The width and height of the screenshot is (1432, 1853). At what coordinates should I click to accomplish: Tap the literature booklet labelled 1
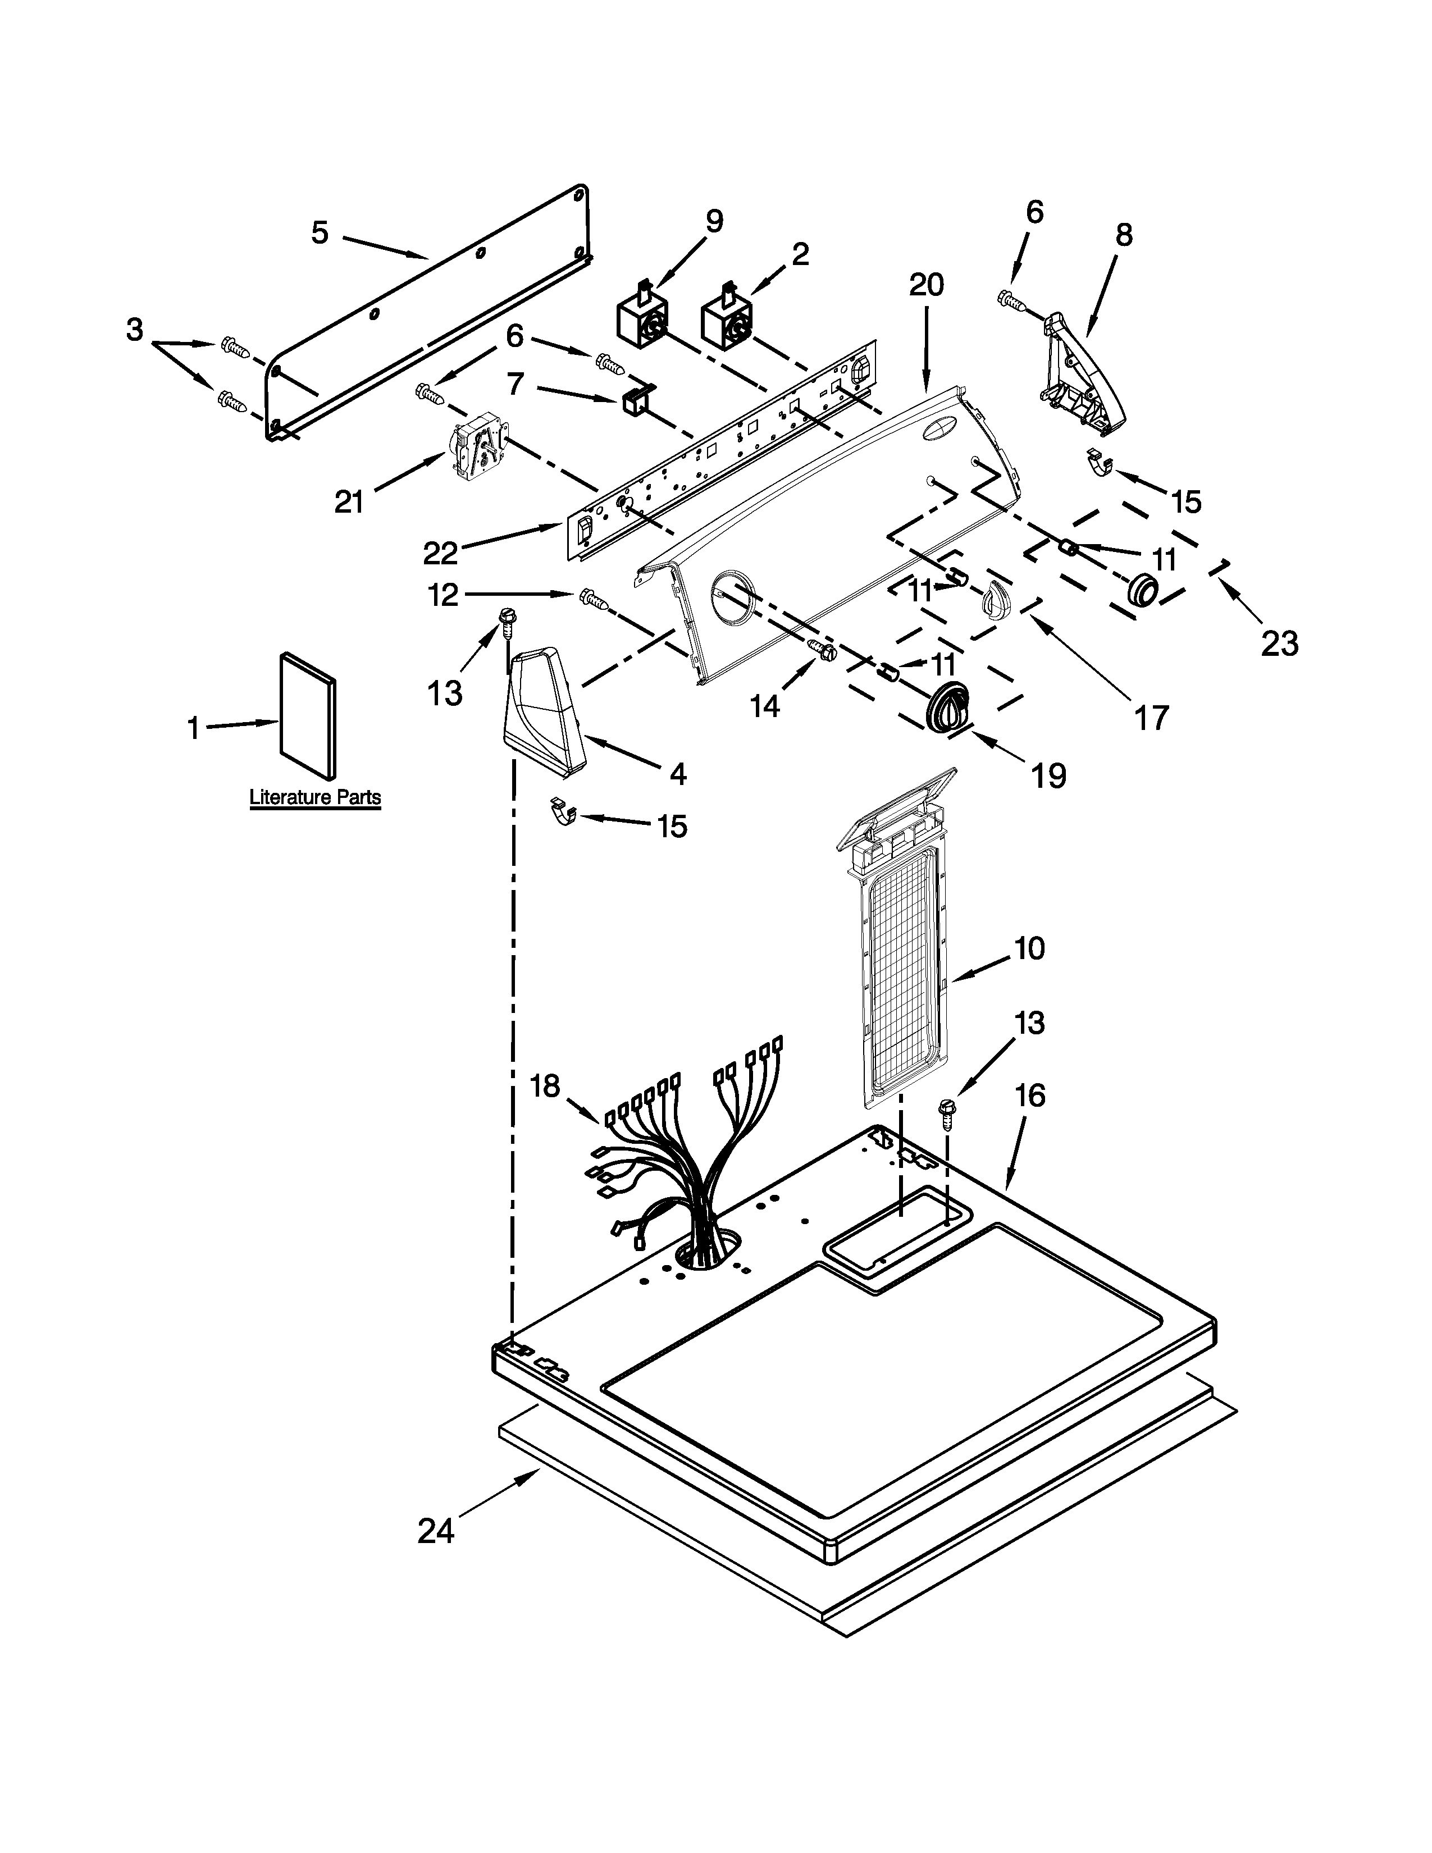[x=308, y=715]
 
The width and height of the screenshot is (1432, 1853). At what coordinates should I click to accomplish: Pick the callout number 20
[x=925, y=285]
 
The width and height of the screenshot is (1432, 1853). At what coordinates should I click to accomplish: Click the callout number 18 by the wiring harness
[x=545, y=1085]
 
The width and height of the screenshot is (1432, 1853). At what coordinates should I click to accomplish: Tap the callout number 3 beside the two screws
[x=135, y=329]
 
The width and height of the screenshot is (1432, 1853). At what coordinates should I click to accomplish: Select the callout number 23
[x=1279, y=644]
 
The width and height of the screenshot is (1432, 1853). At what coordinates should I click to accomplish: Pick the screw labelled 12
[x=594, y=600]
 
